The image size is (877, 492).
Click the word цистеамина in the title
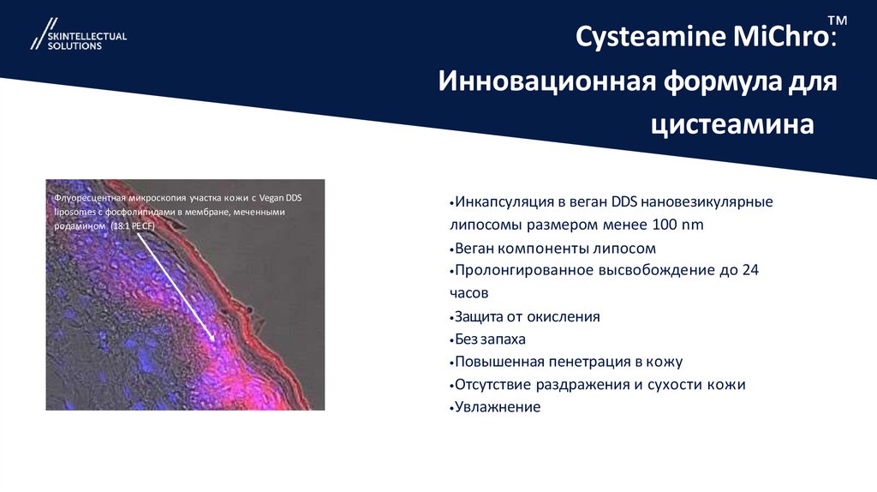[x=731, y=126]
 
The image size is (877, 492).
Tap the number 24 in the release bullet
[x=750, y=270]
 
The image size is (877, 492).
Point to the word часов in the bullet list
[x=468, y=292]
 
